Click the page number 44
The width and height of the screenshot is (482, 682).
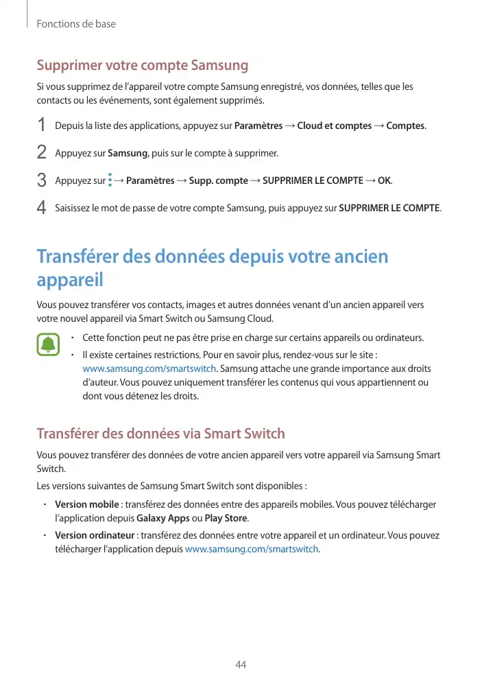pyautogui.click(x=241, y=665)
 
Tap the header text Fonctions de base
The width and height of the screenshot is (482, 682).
pyautogui.click(x=76, y=24)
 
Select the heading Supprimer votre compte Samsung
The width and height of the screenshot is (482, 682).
pyautogui.click(x=142, y=66)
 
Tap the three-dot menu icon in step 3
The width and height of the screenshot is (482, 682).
pyautogui.click(x=110, y=180)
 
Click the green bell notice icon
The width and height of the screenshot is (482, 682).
pyautogui.click(x=49, y=344)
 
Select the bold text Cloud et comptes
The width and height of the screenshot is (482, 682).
pyautogui.click(x=334, y=126)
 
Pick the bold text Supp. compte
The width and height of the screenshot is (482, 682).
pyautogui.click(x=219, y=180)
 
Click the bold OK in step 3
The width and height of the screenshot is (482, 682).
pyautogui.click(x=385, y=180)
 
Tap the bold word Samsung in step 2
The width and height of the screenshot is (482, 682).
pyautogui.click(x=128, y=153)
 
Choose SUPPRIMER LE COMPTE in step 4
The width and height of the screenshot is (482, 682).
pyautogui.click(x=389, y=208)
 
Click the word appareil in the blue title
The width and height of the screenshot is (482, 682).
pyautogui.click(x=70, y=281)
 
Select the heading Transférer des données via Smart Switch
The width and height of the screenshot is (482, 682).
pyautogui.click(x=160, y=434)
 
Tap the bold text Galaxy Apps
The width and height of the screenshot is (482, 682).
pyautogui.click(x=163, y=518)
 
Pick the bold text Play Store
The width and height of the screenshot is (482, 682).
pyautogui.click(x=226, y=518)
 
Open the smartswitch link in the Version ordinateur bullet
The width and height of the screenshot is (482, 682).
pyautogui.click(x=252, y=550)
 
